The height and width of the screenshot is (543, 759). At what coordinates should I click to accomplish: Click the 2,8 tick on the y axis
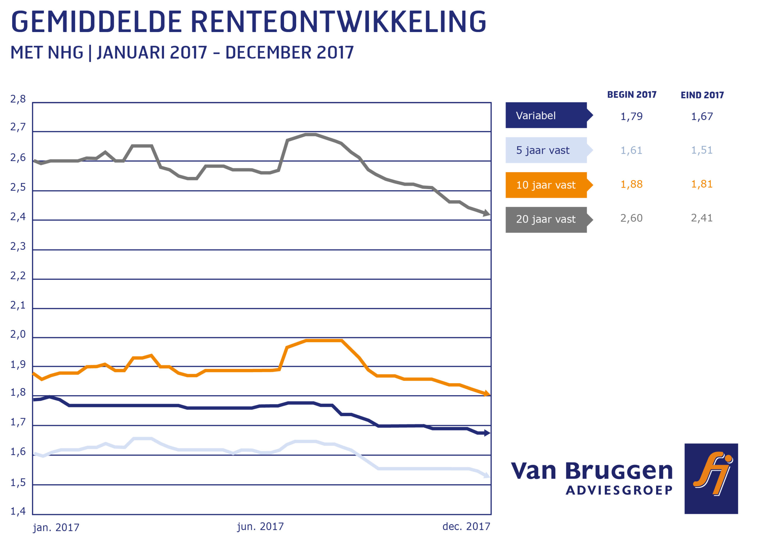(18, 99)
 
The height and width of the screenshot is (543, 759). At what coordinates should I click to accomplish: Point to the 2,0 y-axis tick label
(18, 334)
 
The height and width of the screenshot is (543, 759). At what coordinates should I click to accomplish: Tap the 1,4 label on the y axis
(18, 511)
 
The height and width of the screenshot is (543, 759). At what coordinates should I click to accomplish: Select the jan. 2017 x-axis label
(56, 528)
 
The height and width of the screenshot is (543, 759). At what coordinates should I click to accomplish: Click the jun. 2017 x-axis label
(260, 527)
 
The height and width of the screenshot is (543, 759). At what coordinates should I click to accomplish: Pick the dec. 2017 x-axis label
(466, 527)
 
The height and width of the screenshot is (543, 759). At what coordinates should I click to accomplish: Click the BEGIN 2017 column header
(632, 95)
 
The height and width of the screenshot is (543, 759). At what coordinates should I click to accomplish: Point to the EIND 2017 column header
(702, 95)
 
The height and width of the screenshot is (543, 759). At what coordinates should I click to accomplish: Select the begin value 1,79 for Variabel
(631, 116)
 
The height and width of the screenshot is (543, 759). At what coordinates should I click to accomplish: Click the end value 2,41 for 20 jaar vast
(701, 218)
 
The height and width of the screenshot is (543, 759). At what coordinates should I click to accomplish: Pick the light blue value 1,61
(631, 151)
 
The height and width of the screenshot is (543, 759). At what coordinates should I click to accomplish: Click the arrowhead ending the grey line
(487, 213)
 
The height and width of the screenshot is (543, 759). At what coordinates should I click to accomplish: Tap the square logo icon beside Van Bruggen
(711, 479)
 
